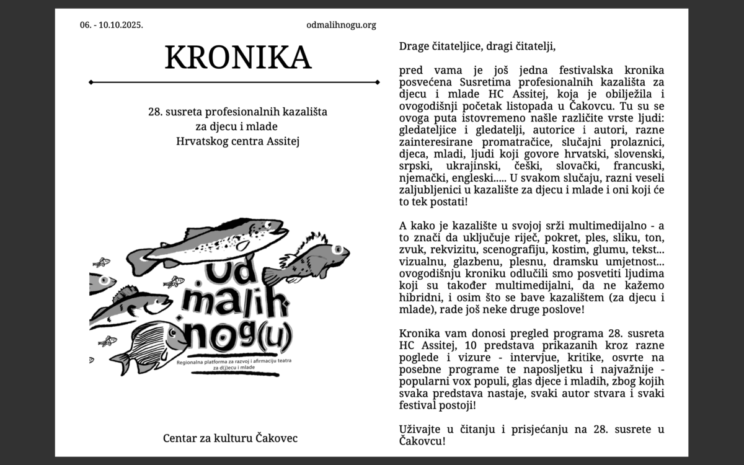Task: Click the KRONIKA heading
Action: coord(237,57)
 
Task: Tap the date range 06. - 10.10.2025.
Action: coord(111,25)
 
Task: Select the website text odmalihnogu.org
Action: coord(341,25)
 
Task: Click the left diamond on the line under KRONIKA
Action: coord(91,82)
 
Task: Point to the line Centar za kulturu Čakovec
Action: coord(230,438)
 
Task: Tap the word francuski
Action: coord(639,166)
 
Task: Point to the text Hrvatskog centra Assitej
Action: coord(237,141)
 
